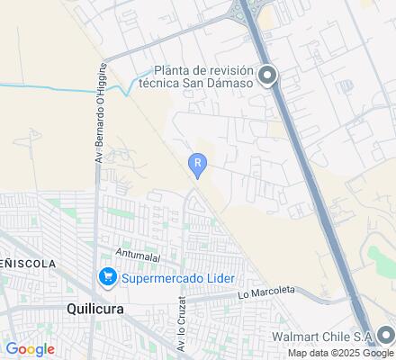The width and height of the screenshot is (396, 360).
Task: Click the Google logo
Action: pyautogui.click(x=31, y=349)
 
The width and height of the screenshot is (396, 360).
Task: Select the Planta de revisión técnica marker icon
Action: pyautogui.click(x=266, y=76)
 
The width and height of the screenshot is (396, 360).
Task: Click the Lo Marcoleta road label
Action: pyautogui.click(x=266, y=292)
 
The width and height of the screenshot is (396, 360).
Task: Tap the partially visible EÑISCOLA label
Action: pyautogui.click(x=27, y=264)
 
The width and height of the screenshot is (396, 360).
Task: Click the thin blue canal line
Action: pyautogui.click(x=54, y=85)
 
